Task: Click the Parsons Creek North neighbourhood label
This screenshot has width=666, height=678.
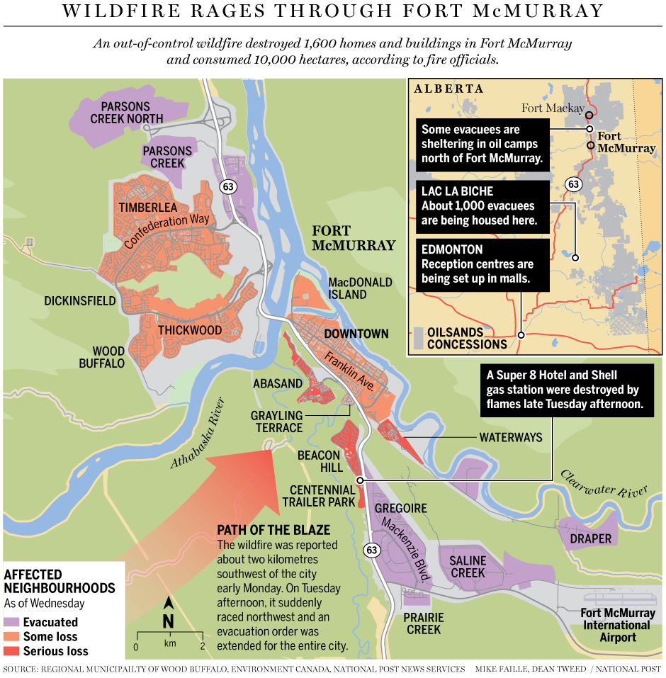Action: coord(127,112)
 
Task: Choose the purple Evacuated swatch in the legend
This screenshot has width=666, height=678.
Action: coord(11,622)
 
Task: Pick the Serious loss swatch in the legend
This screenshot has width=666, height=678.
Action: coord(11,651)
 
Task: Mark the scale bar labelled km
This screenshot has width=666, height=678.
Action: coord(169,635)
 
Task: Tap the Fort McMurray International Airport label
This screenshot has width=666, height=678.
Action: coord(616,625)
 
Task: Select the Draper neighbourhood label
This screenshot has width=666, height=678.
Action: coord(590,538)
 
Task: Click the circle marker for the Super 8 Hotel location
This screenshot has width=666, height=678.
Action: coord(360,480)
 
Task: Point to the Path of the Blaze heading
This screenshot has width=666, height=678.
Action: coord(273,530)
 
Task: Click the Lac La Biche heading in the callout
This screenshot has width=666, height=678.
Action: coord(457,191)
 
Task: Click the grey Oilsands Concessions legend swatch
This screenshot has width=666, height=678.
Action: coord(419,338)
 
